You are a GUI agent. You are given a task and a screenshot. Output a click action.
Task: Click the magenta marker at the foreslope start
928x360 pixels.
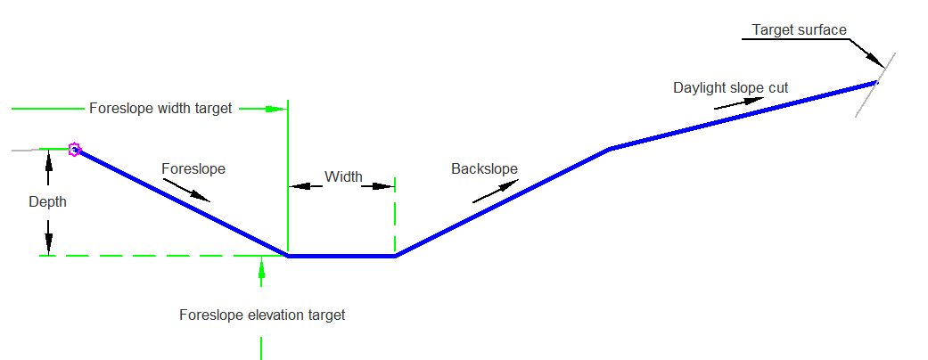[74, 149]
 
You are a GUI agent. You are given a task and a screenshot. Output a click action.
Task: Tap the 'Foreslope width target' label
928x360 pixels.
[160, 109]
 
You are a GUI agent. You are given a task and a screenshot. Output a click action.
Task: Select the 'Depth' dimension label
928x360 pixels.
[48, 202]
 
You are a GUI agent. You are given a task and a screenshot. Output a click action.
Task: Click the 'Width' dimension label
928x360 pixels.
[343, 176]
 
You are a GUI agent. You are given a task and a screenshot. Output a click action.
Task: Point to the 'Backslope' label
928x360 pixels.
[485, 169]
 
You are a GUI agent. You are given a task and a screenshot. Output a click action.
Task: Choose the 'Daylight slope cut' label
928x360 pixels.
[731, 88]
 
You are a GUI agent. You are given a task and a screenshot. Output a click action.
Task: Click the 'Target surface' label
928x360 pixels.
[800, 29]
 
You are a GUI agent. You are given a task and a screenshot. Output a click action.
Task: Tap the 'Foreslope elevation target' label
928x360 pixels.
[262, 315]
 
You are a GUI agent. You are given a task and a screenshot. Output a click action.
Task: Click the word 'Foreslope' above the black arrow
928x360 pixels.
[193, 169]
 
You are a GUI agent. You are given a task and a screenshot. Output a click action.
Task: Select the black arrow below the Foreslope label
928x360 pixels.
[186, 190]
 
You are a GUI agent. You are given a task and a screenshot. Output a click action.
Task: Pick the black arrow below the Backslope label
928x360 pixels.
[496, 192]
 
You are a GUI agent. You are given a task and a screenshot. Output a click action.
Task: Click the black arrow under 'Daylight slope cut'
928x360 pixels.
[740, 102]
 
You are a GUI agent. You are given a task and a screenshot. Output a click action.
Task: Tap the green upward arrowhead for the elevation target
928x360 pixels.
[261, 267]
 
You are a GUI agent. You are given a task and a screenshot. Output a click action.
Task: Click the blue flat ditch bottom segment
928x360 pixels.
[341, 256]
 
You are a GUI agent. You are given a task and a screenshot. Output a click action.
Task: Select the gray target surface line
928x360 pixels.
[875, 86]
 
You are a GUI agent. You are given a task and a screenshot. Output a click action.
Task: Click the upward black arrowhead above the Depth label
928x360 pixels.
[48, 160]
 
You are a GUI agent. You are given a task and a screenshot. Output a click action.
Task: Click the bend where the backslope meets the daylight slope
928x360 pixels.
[610, 149]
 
